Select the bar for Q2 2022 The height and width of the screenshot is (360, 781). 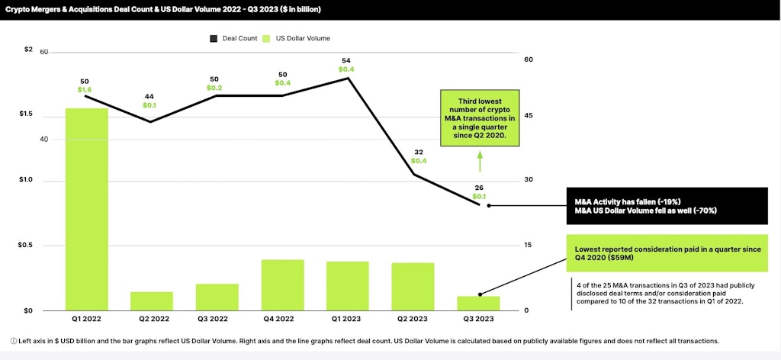[152, 301]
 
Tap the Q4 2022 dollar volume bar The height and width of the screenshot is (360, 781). [283, 284]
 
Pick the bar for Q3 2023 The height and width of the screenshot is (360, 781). [478, 303]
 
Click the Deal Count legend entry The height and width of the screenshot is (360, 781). [234, 38]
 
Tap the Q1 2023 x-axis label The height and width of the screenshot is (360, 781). [347, 320]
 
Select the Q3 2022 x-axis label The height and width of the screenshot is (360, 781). [217, 320]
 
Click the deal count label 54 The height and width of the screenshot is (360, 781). [346, 60]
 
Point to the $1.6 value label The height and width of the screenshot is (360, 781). [85, 90]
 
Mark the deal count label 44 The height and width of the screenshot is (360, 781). [150, 96]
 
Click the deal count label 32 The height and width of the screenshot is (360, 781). [419, 152]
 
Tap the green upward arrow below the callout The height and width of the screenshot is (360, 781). [480, 160]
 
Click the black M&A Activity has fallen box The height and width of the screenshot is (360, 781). [666, 205]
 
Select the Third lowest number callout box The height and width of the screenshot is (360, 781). [479, 119]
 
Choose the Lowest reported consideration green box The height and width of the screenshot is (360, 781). [666, 253]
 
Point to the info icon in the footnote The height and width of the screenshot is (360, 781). [14, 341]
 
